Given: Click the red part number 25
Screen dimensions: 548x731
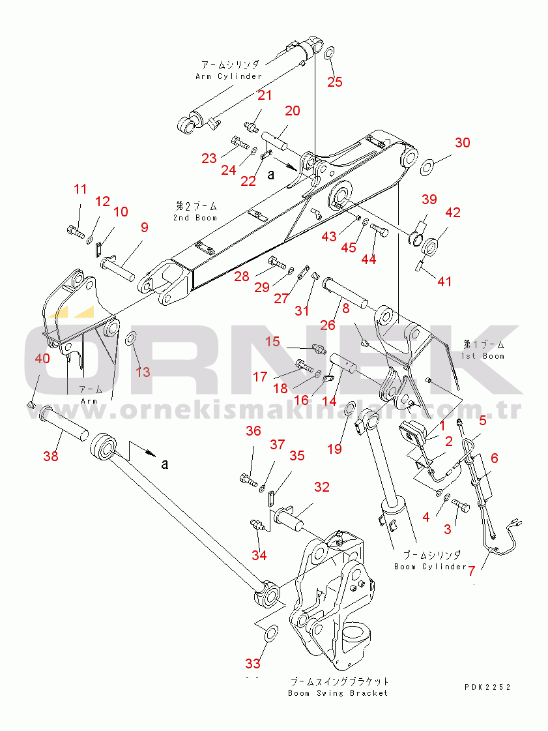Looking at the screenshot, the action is pos(334,82).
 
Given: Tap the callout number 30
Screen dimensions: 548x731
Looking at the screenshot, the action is pos(462,143).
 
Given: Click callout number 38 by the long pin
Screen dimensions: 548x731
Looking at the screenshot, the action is pos(50,456).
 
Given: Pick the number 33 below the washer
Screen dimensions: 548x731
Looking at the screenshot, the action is pos(252,663).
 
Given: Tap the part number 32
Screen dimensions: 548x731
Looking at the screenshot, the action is pos(322,486).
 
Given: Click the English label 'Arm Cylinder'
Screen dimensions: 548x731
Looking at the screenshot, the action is pos(229,76).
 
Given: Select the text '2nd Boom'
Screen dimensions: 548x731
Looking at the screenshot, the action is pos(195,217).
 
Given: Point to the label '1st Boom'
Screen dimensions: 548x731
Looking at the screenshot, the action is pos(483,356).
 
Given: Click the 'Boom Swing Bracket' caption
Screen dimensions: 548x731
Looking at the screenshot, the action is pos(338,693).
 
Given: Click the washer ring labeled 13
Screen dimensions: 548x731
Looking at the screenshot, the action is pos(130,338).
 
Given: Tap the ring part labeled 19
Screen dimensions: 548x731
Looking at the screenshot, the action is pos(349,409).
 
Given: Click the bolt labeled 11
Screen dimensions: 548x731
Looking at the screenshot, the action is pos(74,230).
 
